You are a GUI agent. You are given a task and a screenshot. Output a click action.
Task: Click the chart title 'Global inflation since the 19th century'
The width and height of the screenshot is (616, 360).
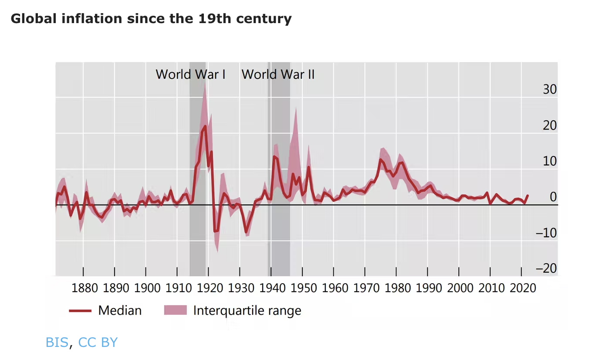[x=151, y=19]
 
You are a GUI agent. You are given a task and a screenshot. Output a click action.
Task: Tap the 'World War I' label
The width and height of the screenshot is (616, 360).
[x=190, y=74]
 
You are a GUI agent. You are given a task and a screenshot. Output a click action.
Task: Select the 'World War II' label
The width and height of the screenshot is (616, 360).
[x=278, y=74]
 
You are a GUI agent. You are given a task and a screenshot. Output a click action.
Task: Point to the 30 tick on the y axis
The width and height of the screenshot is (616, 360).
[x=550, y=89]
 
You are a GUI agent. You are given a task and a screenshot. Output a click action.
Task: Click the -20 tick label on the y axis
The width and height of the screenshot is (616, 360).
[x=546, y=268]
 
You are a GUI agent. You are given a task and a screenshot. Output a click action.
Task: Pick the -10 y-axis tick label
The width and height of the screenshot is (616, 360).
[x=546, y=233]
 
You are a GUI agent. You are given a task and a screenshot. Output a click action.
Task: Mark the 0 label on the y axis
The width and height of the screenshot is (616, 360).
[x=553, y=197]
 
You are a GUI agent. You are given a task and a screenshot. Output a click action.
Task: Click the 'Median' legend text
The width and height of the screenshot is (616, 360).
[x=120, y=310]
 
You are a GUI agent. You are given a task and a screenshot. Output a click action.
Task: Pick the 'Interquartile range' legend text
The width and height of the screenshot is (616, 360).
[x=247, y=310]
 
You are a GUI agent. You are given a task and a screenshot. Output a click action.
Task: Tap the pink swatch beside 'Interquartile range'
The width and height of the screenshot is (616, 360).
[x=175, y=310]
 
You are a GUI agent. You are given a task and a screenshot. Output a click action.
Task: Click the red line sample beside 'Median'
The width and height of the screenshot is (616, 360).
[x=80, y=311]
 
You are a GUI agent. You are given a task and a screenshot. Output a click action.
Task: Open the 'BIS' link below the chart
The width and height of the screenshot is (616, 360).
[x=57, y=343]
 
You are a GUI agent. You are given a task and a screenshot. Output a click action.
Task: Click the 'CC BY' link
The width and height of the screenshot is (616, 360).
[x=98, y=343]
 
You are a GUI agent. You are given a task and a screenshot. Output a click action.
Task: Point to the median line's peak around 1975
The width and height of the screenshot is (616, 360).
[x=380, y=160]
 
